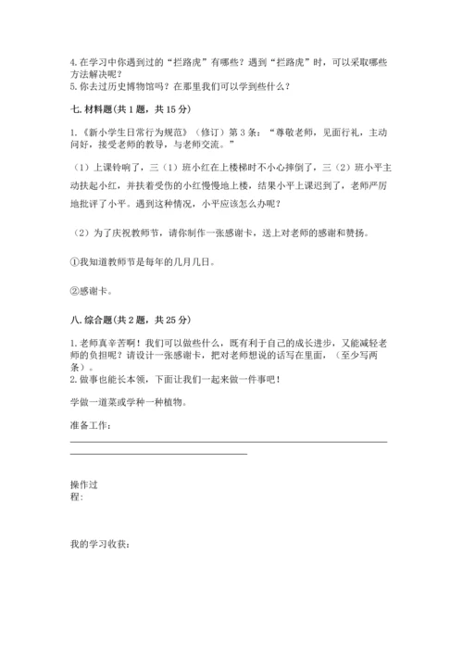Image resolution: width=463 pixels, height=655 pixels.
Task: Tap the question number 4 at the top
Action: [72, 62]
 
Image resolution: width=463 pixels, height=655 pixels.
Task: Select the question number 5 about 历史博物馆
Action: [72, 88]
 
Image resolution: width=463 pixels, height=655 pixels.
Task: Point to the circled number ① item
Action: [75, 262]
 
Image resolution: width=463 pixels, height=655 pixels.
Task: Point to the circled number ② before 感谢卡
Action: [75, 291]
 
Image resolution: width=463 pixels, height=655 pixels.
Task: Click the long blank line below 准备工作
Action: [228, 442]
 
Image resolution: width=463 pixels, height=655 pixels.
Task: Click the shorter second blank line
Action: [158, 453]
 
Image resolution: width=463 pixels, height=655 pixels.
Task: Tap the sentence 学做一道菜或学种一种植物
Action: [128, 403]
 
